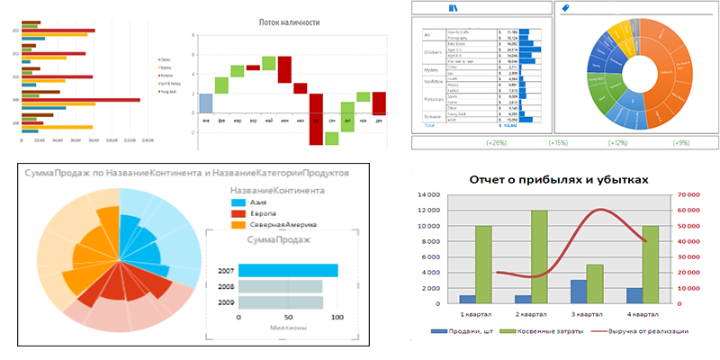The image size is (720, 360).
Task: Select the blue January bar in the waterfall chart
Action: (205, 104)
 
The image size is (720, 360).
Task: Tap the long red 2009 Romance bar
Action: (79, 99)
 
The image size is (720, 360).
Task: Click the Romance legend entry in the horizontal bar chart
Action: (166, 75)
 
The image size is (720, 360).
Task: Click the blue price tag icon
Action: (564, 8)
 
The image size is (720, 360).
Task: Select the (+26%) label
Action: (495, 143)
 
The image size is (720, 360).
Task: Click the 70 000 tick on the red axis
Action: (688, 193)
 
